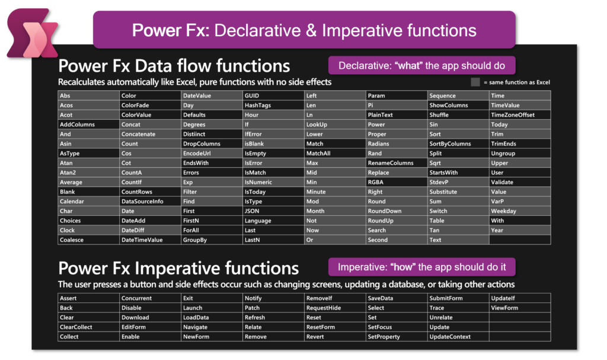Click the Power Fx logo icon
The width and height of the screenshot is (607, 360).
point(33,33)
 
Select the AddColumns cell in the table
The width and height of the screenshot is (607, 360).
point(89,125)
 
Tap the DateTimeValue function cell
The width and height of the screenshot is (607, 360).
point(150,240)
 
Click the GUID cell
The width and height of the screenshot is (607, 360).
point(273,95)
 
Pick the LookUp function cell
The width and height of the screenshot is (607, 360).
point(336,125)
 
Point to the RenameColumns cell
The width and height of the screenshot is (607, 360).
point(397,163)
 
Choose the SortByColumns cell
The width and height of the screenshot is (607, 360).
point(458,144)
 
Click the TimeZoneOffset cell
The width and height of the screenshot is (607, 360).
point(520,115)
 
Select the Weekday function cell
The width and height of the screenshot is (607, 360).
point(520,211)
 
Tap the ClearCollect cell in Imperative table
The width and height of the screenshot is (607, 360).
point(89,327)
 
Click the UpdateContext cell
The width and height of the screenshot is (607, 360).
point(458,337)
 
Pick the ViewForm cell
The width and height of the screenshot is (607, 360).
point(520,308)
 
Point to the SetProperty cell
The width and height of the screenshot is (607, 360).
point(397,337)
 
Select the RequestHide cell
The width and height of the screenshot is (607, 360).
point(336,308)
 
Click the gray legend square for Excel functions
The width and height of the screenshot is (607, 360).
point(475,82)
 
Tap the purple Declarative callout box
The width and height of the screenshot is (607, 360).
point(422,65)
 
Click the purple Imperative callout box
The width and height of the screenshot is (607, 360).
point(422,267)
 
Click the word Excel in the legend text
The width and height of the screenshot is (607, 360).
point(543,82)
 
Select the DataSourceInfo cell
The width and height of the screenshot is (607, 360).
point(150,202)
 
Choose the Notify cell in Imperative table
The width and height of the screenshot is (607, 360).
point(273,298)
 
